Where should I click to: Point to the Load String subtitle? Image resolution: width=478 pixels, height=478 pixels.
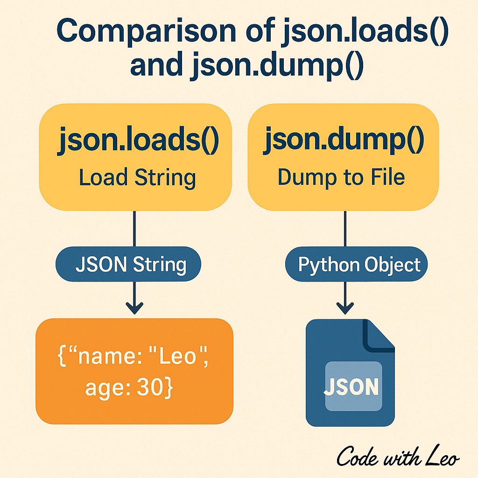click(x=137, y=177)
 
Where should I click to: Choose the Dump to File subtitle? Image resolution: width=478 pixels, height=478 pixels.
click(x=341, y=177)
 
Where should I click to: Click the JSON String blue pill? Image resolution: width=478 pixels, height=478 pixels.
click(x=130, y=265)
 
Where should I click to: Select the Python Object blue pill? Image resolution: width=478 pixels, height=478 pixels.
click(x=359, y=265)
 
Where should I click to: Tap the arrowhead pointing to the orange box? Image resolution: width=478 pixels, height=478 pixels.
click(x=134, y=308)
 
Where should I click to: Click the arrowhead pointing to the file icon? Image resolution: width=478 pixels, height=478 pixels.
click(x=345, y=308)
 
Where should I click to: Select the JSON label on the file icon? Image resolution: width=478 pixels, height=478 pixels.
click(x=351, y=387)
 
